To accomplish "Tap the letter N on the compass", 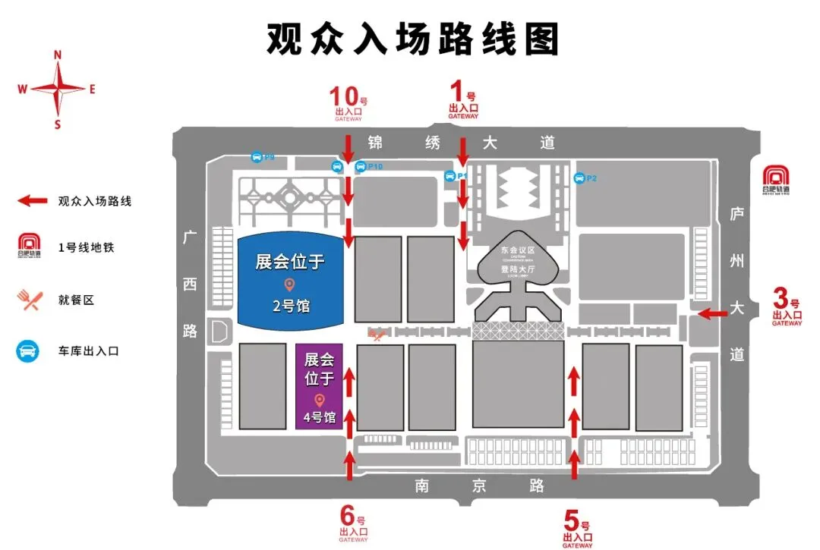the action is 58,55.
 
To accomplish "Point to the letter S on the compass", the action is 58,125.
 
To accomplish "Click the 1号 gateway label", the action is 462,102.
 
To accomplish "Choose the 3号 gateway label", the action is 787,306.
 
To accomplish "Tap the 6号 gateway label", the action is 352,524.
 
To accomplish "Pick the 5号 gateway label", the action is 577,528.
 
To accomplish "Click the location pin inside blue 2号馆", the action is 289,284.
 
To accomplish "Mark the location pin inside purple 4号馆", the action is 320,400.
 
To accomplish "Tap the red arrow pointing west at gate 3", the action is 711,313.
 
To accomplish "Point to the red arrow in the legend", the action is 33,201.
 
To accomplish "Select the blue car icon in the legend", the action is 30,351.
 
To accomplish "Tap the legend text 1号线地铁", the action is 86,247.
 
